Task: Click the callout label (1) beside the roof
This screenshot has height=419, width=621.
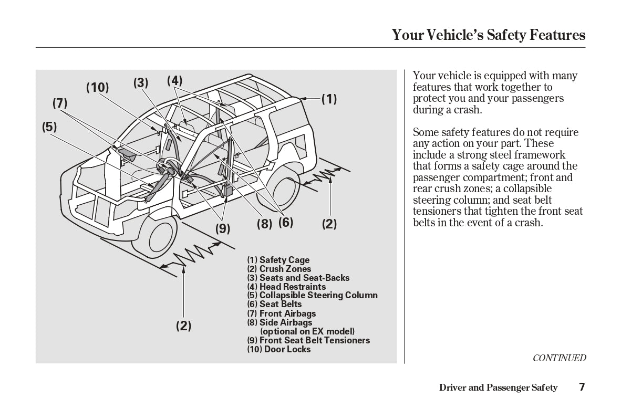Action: coord(329,99)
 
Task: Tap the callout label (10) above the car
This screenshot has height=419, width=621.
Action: coord(97,88)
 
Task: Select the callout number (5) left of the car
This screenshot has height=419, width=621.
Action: coord(49,127)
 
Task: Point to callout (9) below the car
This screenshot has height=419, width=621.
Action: coord(223,228)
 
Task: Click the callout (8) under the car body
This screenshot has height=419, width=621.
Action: coord(264,224)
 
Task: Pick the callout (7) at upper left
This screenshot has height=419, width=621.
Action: coord(60,103)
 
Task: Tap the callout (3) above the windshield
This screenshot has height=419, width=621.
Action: coord(140,83)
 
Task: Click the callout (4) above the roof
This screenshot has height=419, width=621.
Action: coord(174,81)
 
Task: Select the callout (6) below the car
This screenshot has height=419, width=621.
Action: coord(285,223)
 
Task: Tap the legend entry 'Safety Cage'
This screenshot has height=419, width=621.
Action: coord(278,260)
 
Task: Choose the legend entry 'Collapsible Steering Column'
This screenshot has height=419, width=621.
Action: coord(312,295)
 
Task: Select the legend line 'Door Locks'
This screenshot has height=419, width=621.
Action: coord(278,349)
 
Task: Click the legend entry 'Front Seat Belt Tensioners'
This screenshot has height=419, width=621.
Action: coord(308,340)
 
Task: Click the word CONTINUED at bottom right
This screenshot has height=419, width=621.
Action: coord(559,358)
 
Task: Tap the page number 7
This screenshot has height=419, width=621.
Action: coord(582,387)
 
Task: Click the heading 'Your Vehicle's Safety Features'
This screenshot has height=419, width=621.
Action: coord(488,35)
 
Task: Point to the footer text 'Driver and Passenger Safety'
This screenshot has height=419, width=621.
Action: coord(498,388)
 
